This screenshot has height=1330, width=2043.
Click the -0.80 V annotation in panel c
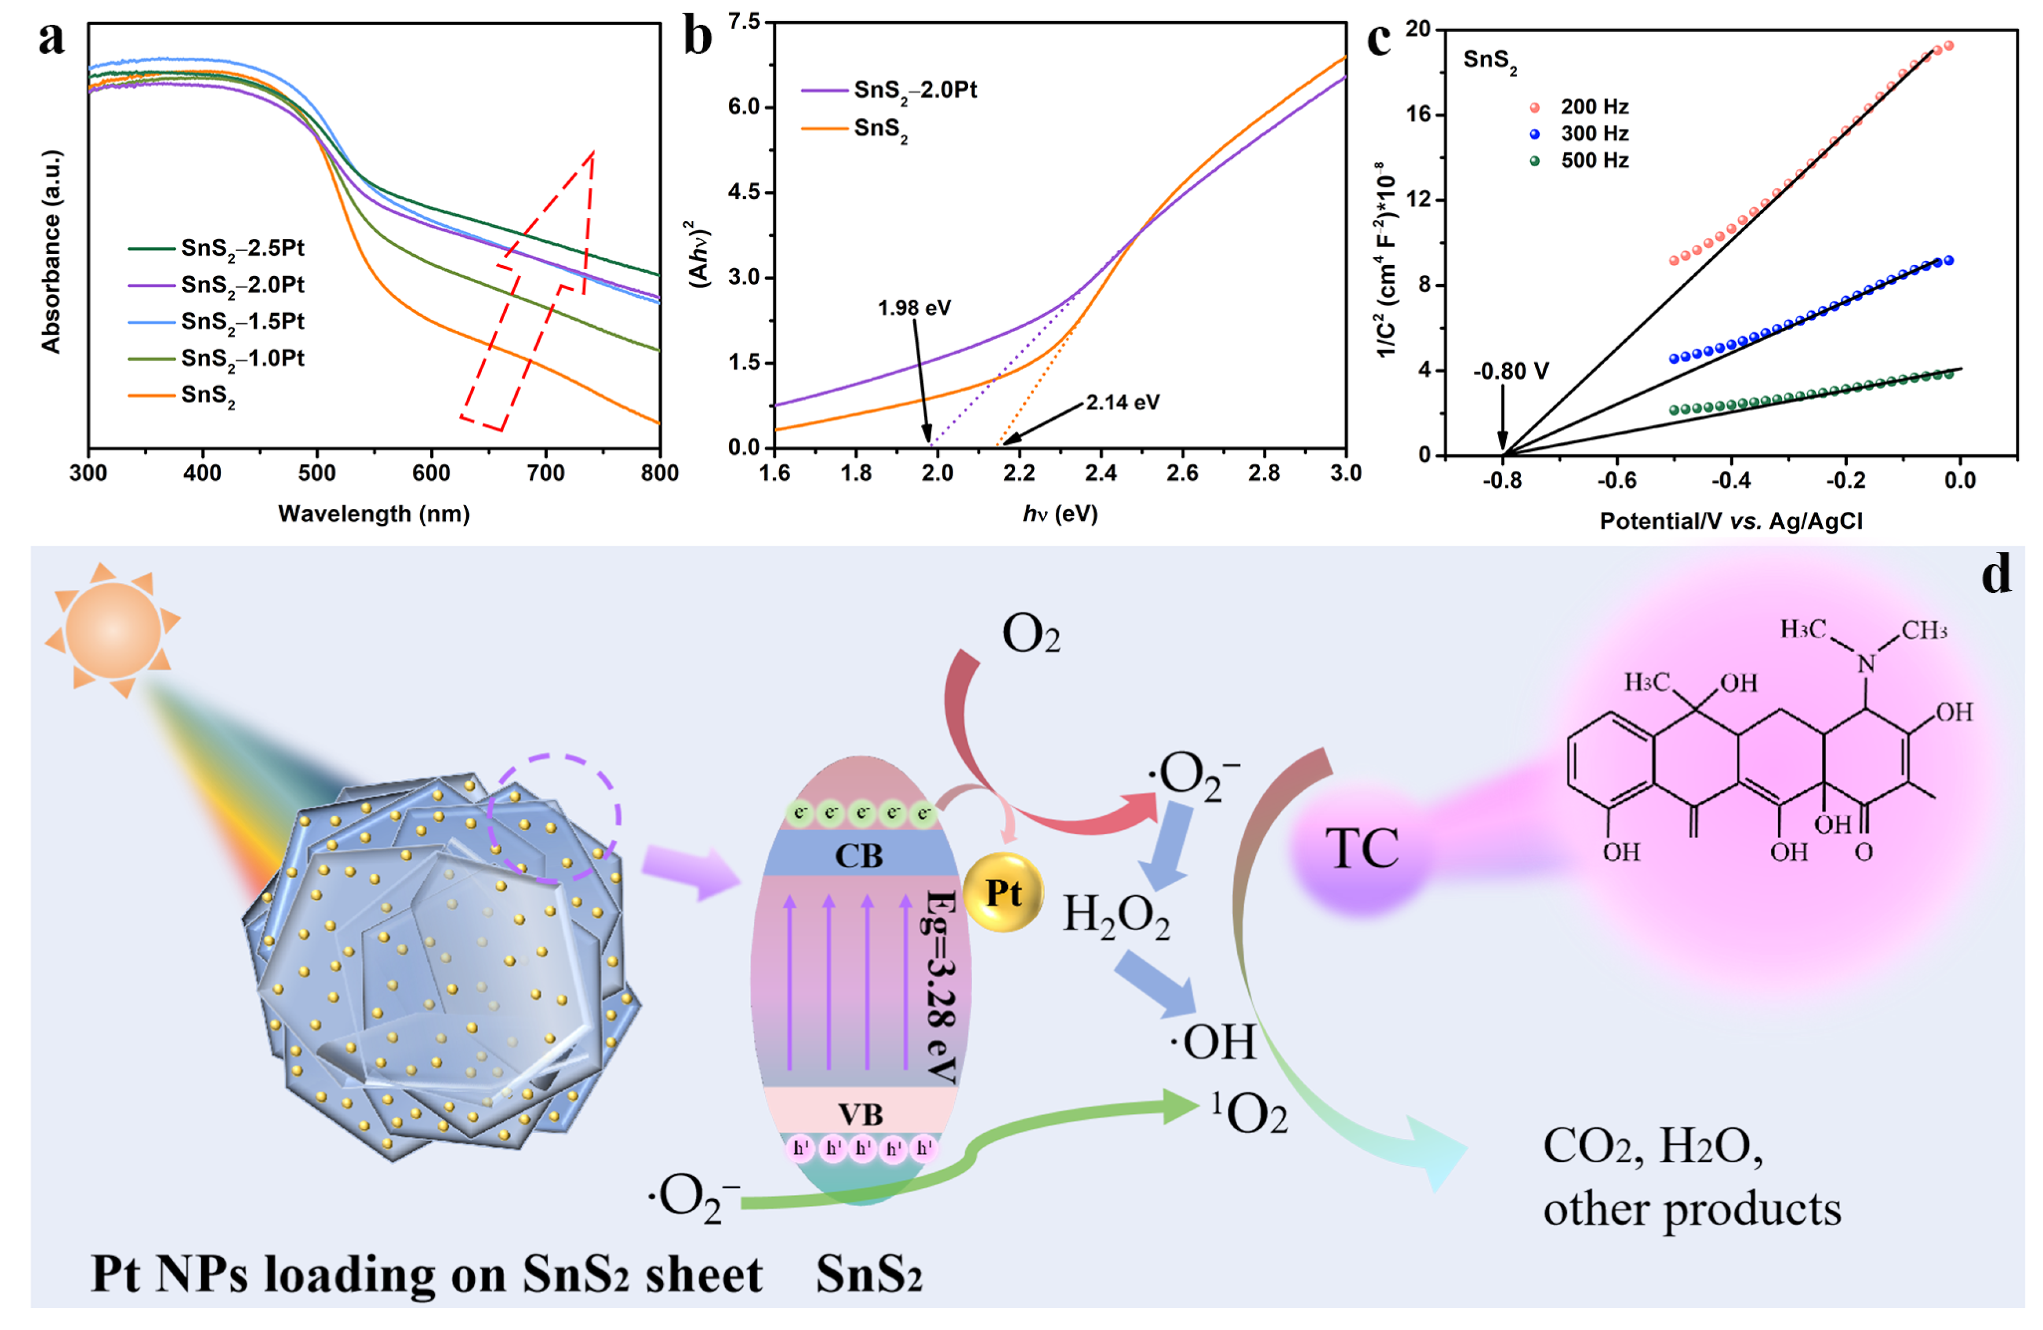[x=1511, y=372]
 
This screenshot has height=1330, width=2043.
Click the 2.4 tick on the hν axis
[x=1101, y=473]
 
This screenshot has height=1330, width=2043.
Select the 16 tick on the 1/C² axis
[x=1418, y=114]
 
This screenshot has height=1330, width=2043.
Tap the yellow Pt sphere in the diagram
[x=1003, y=893]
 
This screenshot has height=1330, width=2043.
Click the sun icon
[x=113, y=629]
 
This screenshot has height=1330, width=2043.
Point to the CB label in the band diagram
[x=858, y=856]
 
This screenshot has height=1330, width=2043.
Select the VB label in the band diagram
[x=860, y=1115]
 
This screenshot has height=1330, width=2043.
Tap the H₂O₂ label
[x=1116, y=916]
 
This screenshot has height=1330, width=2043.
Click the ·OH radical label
[x=1213, y=1043]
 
